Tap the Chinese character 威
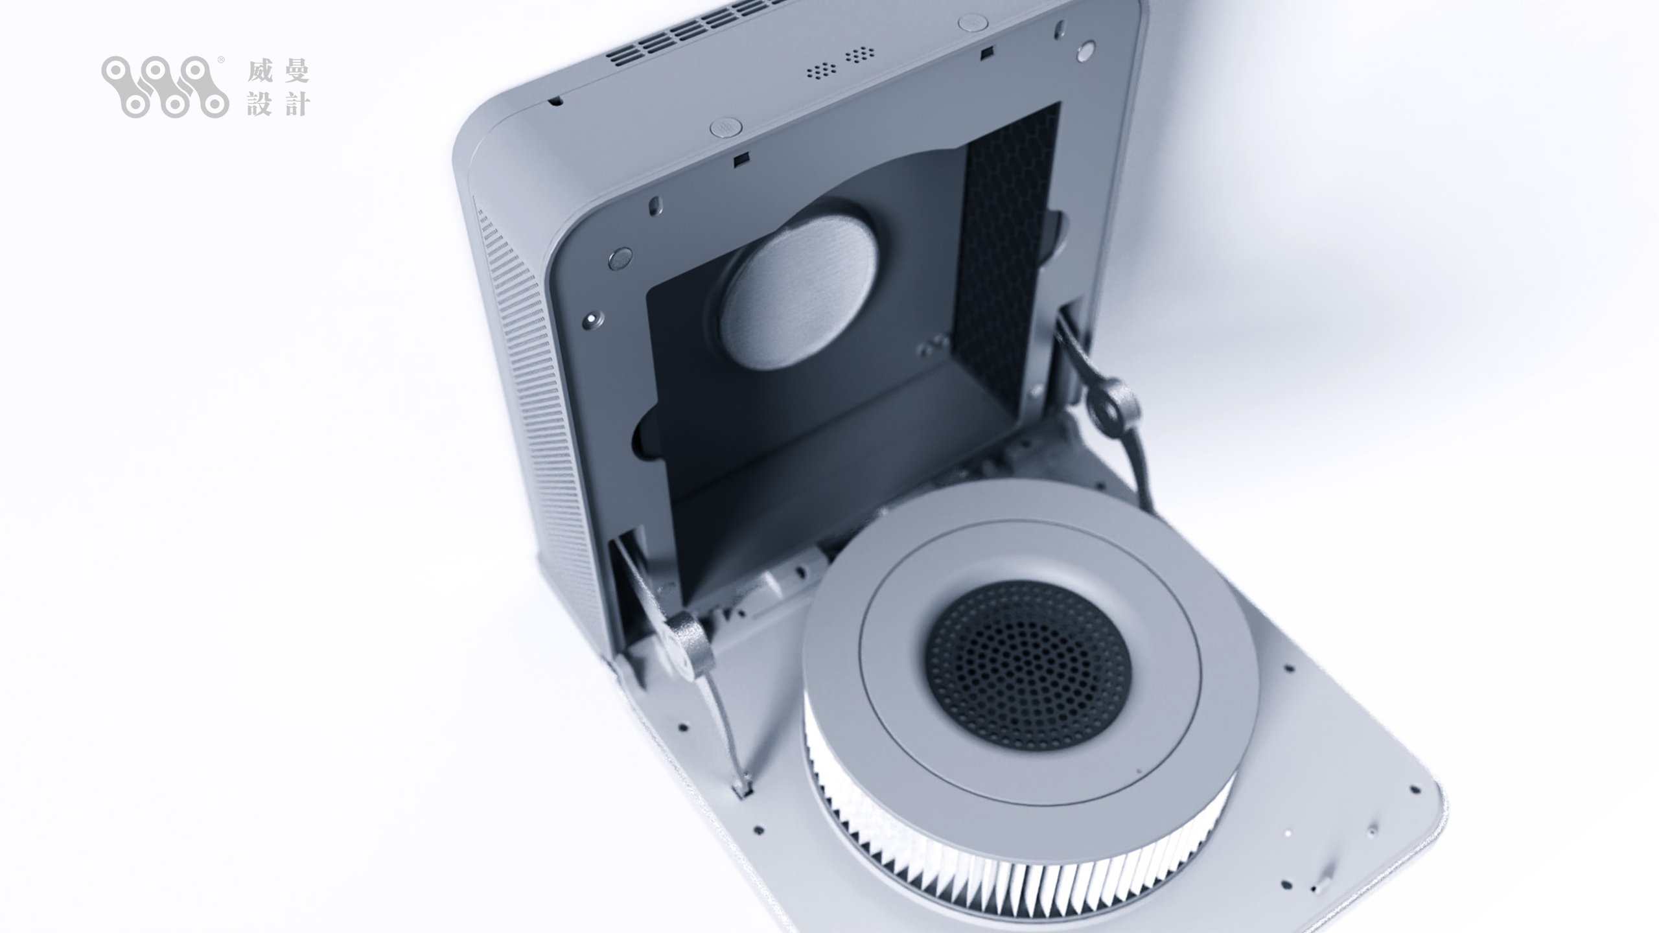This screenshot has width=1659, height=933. click(x=259, y=71)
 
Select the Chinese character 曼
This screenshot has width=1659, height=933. click(x=297, y=71)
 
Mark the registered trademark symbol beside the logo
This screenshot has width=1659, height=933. click(x=221, y=60)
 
